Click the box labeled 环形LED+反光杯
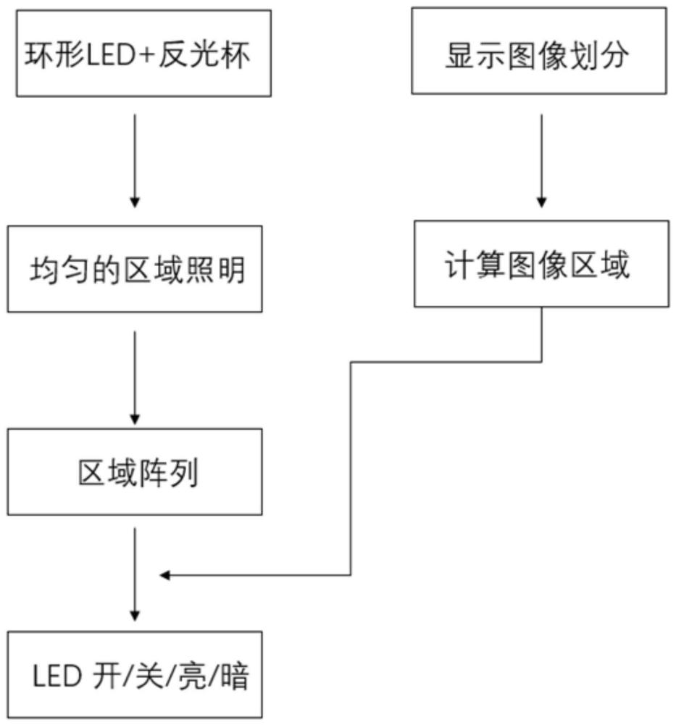(x=143, y=53)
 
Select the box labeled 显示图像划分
(x=539, y=51)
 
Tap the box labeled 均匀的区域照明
(x=135, y=269)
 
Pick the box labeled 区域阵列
(x=135, y=471)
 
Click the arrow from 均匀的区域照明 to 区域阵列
(x=134, y=377)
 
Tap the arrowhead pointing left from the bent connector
(x=164, y=576)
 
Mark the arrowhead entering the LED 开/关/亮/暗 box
(x=134, y=616)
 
